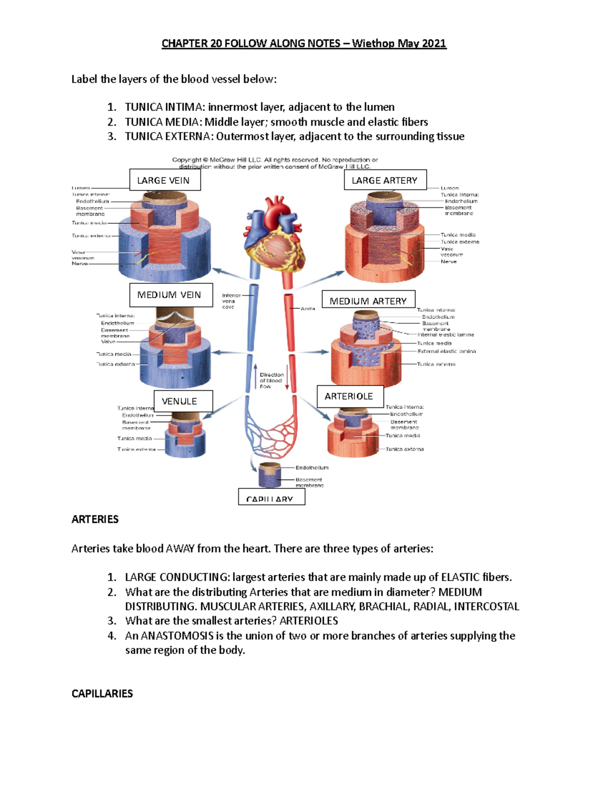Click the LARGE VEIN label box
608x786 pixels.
[x=165, y=180]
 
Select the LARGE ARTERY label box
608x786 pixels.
[x=385, y=180]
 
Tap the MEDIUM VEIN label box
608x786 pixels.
[x=170, y=295]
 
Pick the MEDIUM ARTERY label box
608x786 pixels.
[x=368, y=301]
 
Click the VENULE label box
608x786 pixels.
[x=183, y=401]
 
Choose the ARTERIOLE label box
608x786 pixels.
[x=350, y=396]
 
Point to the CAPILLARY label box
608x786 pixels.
[x=271, y=498]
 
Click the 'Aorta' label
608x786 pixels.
[x=308, y=308]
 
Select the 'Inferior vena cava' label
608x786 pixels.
[x=231, y=301]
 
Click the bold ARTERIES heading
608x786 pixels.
[x=95, y=519]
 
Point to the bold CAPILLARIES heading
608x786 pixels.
[x=102, y=693]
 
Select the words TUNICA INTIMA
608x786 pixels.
[x=164, y=107]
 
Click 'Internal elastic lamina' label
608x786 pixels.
[x=445, y=335]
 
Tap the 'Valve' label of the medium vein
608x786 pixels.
[x=108, y=342]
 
